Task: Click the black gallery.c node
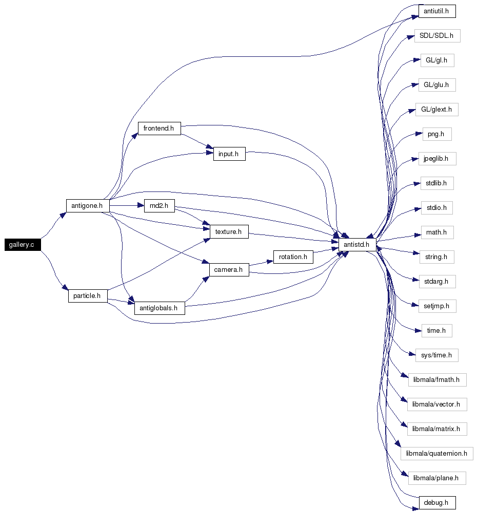23,245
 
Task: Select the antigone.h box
87,206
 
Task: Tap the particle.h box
88,296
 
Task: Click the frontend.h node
160,129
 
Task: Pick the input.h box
229,154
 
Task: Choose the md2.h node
160,206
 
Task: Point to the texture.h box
229,232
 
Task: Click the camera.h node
229,270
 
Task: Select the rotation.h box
293,257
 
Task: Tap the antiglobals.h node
160,308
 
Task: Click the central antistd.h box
357,245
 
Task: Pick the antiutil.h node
437,11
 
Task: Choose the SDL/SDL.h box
438,36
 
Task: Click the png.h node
437,134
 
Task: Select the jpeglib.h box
438,159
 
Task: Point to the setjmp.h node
438,306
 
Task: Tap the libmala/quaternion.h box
437,453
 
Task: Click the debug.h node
437,503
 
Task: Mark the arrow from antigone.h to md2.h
127,206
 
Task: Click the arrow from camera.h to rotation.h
261,263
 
